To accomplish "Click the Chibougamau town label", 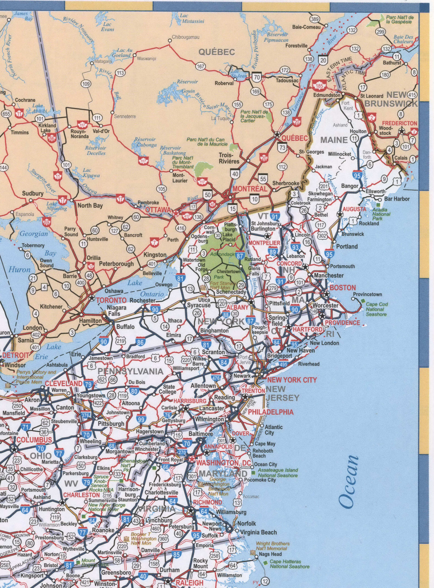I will [186, 37].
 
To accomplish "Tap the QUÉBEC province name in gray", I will [217, 52].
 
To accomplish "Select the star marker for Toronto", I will [92, 298].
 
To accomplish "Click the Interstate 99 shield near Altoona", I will [141, 419].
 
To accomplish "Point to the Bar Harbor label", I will [397, 199].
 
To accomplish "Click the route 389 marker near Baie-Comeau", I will [315, 19].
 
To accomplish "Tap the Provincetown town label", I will [367, 294].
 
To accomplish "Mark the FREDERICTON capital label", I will [399, 123].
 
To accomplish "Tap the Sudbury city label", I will [33, 193].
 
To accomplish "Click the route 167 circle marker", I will [201, 66].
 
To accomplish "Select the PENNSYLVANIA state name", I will [131, 371].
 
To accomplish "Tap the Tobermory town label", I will [33, 246].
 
